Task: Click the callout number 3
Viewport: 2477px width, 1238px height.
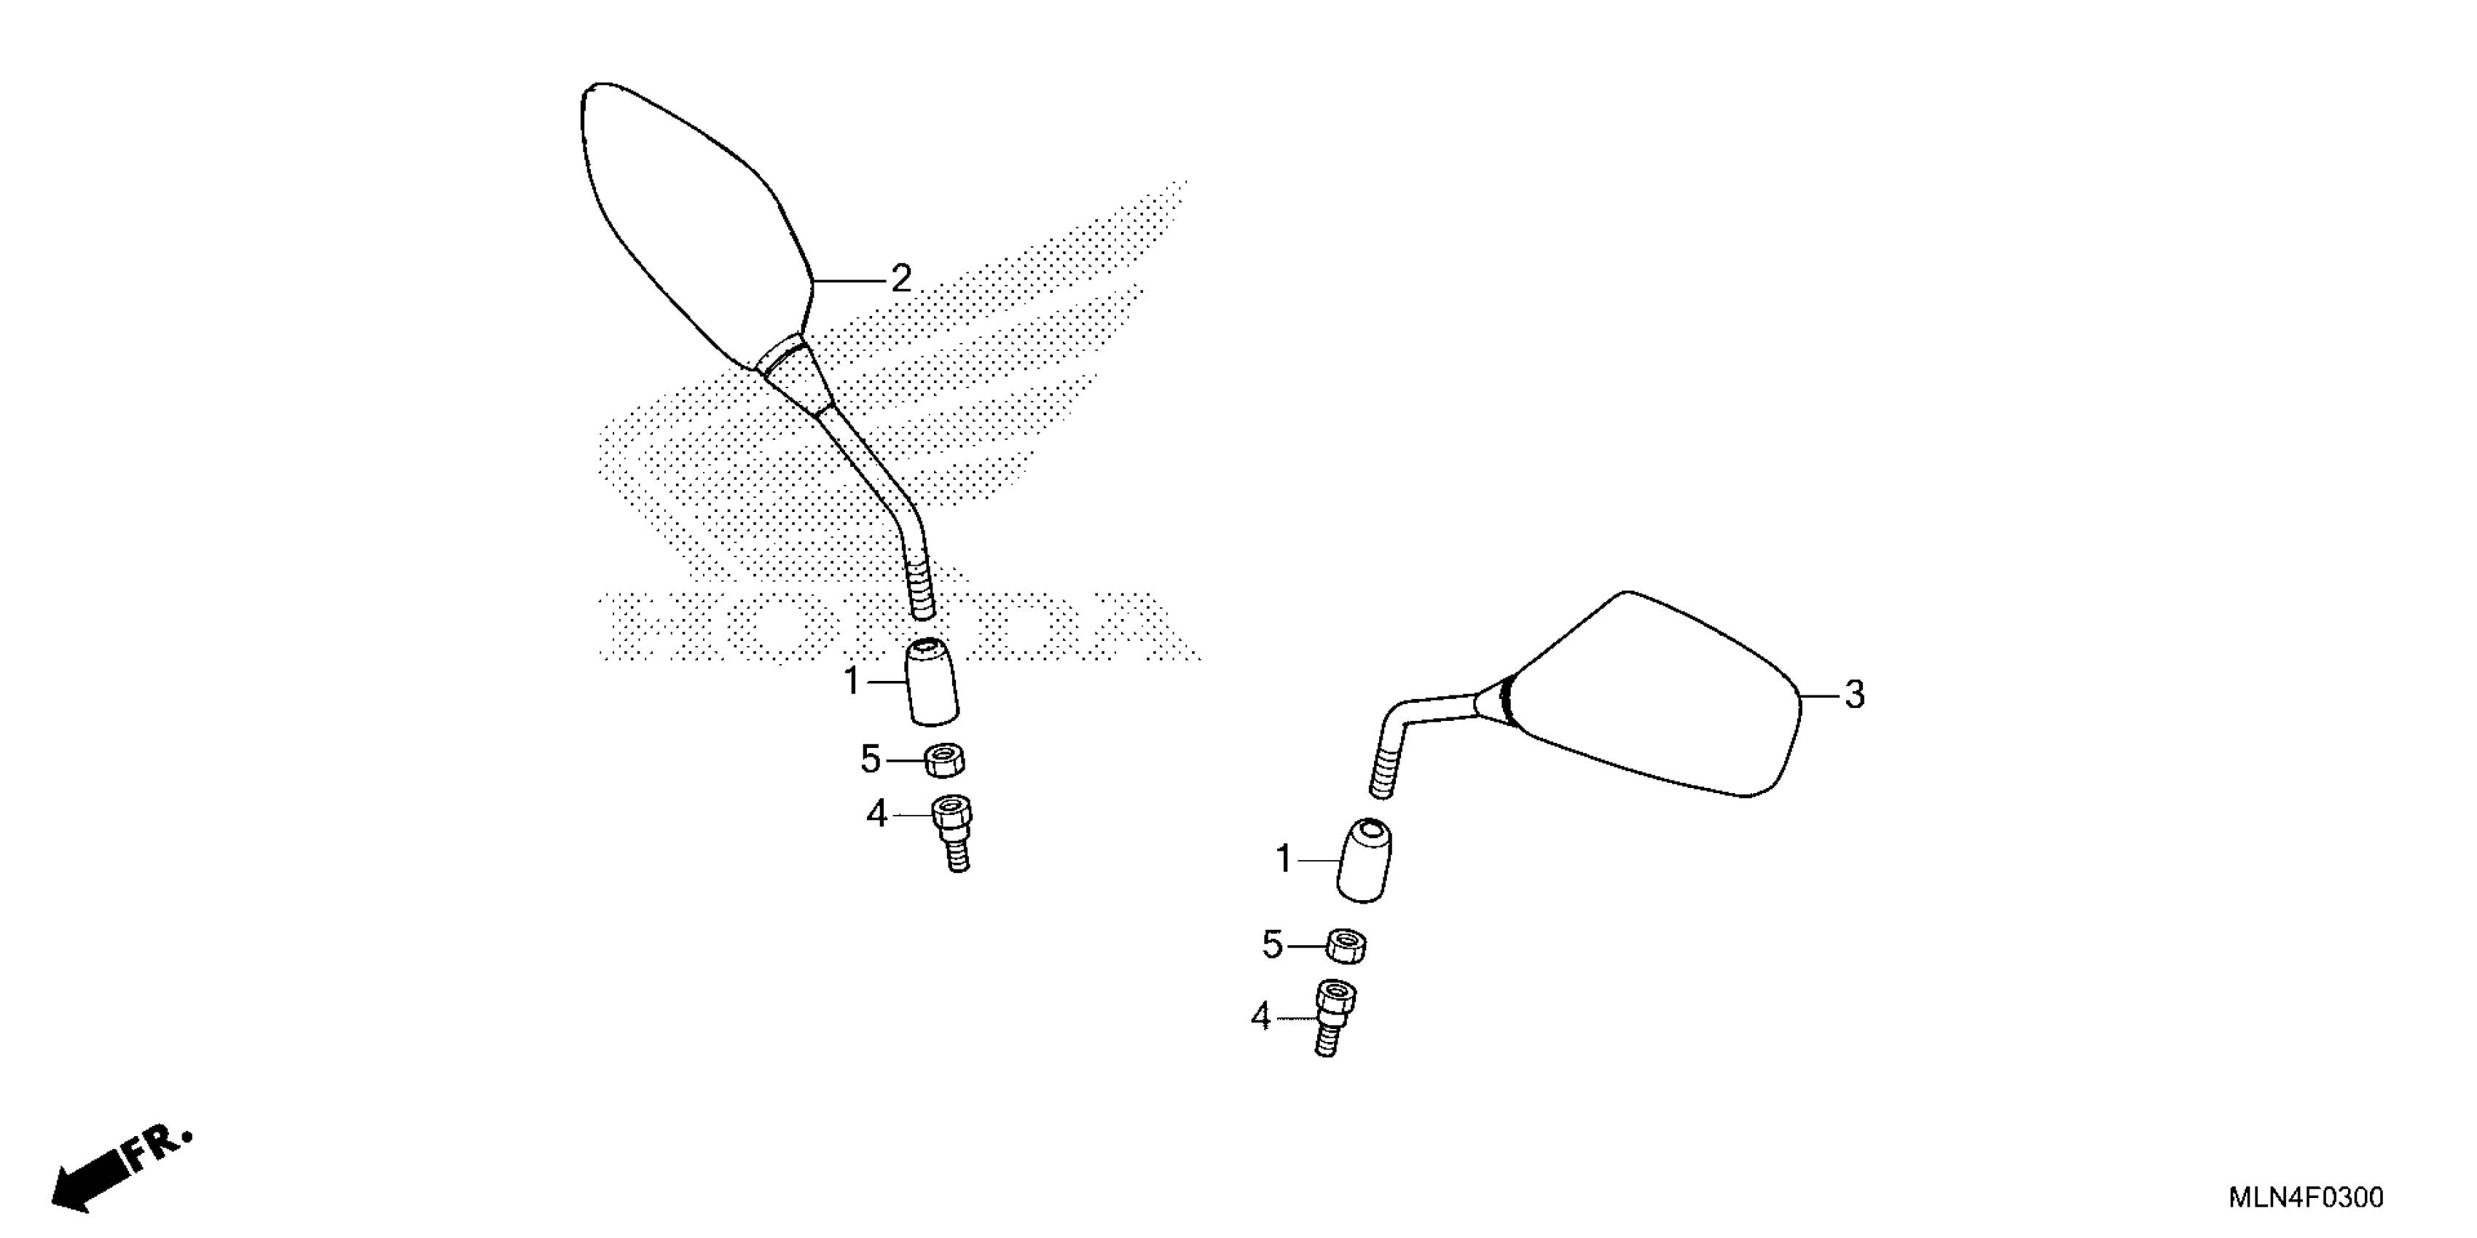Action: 1854,695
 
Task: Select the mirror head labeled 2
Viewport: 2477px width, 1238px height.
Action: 692,221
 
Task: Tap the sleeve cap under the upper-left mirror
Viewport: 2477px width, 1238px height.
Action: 932,682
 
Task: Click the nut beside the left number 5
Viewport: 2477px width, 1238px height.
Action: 945,760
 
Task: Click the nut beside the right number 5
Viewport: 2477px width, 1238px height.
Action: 1347,946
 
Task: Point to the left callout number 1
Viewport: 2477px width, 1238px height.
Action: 851,682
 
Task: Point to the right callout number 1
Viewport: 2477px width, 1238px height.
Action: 1283,859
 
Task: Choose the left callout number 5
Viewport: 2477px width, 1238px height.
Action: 870,760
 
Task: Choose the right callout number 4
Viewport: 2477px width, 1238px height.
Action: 1260,1017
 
